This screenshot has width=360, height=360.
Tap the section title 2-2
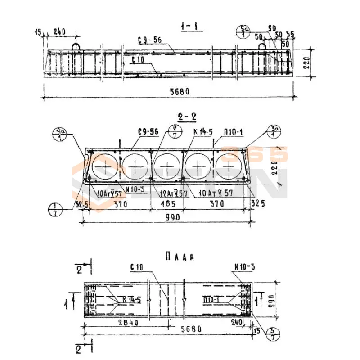pyautogui.click(x=187, y=117)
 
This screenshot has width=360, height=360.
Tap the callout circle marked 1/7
pyautogui.click(x=54, y=209)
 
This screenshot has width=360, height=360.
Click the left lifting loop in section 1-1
pyautogui.click(x=76, y=46)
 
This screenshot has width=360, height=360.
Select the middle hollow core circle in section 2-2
pyautogui.click(x=167, y=166)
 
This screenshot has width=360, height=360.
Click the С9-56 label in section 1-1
pyautogui.click(x=150, y=40)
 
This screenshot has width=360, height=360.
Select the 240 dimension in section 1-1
pyautogui.click(x=59, y=32)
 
